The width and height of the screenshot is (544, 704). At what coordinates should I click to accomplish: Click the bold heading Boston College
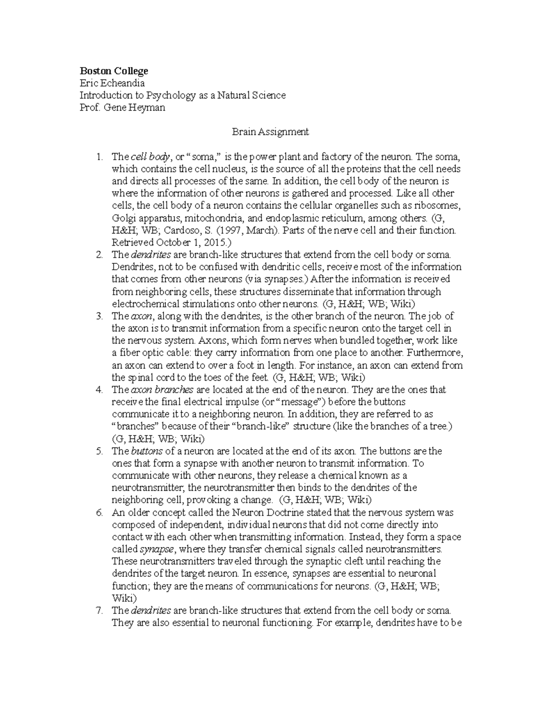point(114,71)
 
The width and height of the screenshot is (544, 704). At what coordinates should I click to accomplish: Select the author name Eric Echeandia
point(112,83)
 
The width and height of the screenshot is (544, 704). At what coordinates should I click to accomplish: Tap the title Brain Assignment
point(270,132)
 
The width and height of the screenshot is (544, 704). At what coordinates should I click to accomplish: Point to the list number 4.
point(100,389)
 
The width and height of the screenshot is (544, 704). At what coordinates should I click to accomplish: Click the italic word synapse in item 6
point(156,549)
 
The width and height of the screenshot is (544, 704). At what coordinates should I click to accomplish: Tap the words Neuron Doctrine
point(268,513)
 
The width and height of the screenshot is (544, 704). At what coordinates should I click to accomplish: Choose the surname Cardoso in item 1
point(179,230)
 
